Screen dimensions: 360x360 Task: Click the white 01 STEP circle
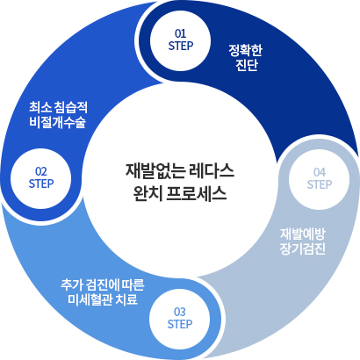pos(180,40)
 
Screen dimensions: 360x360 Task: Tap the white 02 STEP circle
pos(40,178)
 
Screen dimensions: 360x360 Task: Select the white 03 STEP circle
pos(179,319)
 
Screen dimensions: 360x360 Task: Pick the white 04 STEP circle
pos(319,179)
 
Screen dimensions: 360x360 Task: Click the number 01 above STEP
pos(180,34)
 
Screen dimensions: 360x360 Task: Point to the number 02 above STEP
pos(41,171)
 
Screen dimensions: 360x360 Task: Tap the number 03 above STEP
pos(180,312)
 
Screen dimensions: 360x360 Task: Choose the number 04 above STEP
pos(320,173)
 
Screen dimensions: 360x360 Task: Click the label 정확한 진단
pos(246,58)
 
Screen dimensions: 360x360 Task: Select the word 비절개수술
pos(58,122)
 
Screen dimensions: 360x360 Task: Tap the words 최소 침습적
pos(58,107)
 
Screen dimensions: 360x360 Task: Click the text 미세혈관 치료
pos(103,299)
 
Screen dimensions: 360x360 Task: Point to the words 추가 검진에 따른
pos(103,284)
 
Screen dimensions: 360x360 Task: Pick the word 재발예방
pos(303,234)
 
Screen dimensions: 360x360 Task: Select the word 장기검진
pos(303,248)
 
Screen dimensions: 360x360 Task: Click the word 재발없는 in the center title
pos(151,171)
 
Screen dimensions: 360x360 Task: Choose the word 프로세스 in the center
pos(197,193)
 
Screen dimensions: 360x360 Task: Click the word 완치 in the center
pos(147,193)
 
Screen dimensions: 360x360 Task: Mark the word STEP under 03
pos(180,324)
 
